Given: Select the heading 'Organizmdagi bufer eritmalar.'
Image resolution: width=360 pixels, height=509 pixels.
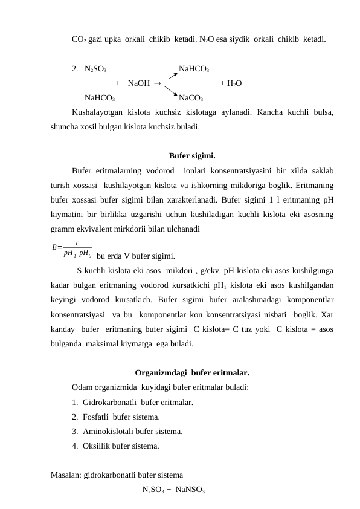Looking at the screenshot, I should point(192,372).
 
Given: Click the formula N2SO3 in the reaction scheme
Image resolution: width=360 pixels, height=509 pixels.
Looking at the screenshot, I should point(97,69).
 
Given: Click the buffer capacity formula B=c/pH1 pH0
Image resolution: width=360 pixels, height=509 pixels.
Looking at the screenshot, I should point(72,248).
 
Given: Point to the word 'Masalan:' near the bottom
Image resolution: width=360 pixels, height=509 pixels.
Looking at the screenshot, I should point(66,475).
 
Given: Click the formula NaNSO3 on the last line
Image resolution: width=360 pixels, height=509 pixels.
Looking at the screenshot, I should point(191,490).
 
